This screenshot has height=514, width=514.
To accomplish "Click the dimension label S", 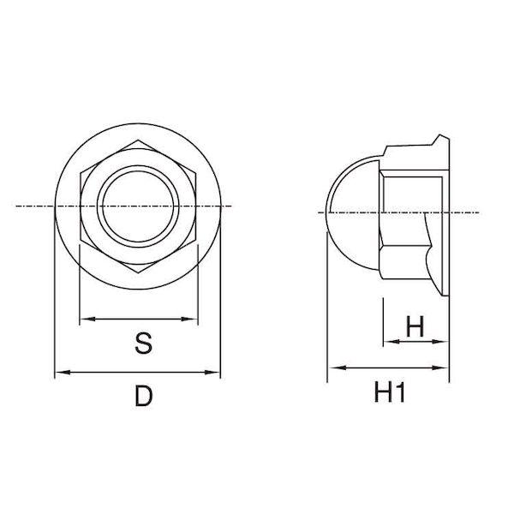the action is [143, 344].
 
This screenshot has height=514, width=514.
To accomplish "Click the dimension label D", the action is [144, 396].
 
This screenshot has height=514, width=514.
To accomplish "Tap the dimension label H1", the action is [390, 392].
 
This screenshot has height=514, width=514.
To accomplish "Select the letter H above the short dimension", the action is [415, 326].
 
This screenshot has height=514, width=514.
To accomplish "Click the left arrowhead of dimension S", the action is [87, 319].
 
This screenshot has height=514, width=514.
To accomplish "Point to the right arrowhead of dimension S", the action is [190, 319].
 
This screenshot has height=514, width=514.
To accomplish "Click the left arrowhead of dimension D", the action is [63, 372].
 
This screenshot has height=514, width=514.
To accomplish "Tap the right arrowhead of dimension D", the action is [212, 372].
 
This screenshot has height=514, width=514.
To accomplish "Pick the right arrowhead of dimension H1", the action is [440, 368].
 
